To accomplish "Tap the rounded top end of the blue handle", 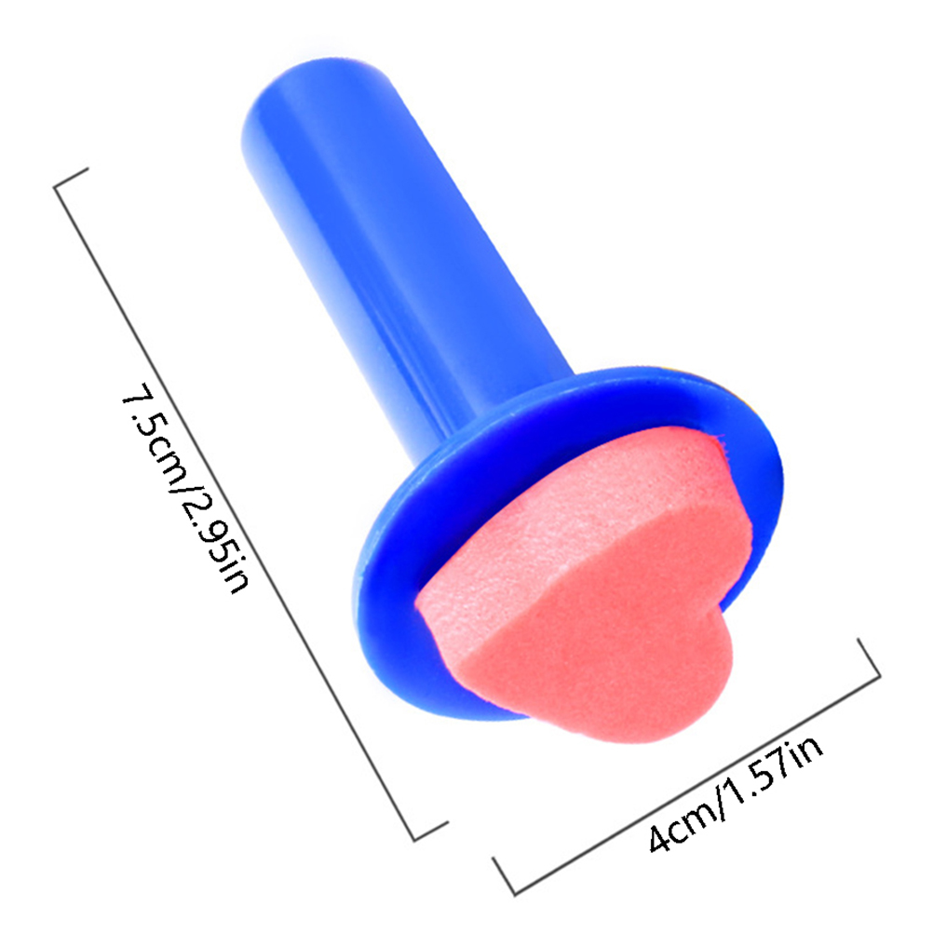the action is (316, 95).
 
